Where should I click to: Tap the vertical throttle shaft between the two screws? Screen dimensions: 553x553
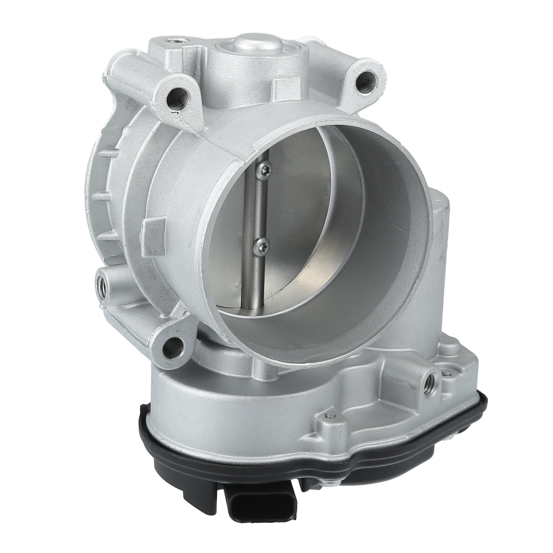[x=259, y=212]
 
